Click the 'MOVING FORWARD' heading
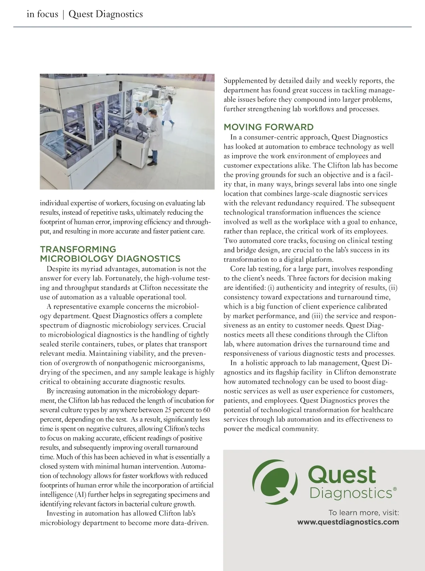(x=268, y=127)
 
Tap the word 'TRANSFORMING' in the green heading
(x=78, y=249)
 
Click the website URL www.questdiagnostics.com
(x=348, y=522)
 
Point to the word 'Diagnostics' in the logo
(x=351, y=493)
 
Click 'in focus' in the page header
(x=42, y=14)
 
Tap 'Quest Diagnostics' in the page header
(x=106, y=14)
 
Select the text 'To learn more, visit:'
(x=363, y=513)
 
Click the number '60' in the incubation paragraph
(x=206, y=410)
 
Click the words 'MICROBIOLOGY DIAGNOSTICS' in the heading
(x=110, y=259)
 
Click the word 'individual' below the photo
(x=54, y=203)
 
